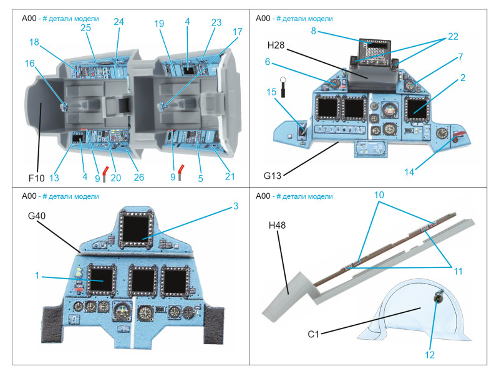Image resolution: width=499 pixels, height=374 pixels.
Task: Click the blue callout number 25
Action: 85,28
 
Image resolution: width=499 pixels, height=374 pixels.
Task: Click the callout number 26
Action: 138,178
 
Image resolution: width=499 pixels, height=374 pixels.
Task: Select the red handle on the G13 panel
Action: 460,137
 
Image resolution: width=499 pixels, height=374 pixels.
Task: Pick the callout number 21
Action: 230,178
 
